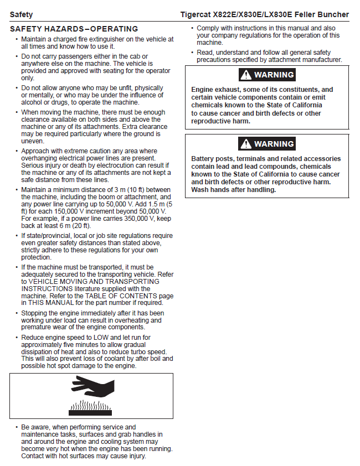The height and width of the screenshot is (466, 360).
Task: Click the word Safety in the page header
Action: click(21, 14)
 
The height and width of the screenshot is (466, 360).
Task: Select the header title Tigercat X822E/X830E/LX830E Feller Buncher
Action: click(265, 14)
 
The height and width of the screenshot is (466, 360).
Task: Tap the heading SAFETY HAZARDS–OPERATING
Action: click(74, 29)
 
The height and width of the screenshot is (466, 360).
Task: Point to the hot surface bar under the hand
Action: click(91, 412)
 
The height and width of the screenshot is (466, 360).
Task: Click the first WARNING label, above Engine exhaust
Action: click(274, 75)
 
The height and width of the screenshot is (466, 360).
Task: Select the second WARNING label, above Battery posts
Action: click(274, 144)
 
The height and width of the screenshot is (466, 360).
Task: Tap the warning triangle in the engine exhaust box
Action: click(245, 75)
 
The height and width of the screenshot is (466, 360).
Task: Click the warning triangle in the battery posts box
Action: click(245, 144)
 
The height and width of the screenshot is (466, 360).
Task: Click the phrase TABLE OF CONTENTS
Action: click(112, 296)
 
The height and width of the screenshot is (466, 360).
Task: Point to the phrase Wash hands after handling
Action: click(233, 190)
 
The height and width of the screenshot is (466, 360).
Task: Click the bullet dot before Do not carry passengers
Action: click(16, 56)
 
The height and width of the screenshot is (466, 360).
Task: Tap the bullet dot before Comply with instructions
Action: click(192, 28)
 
